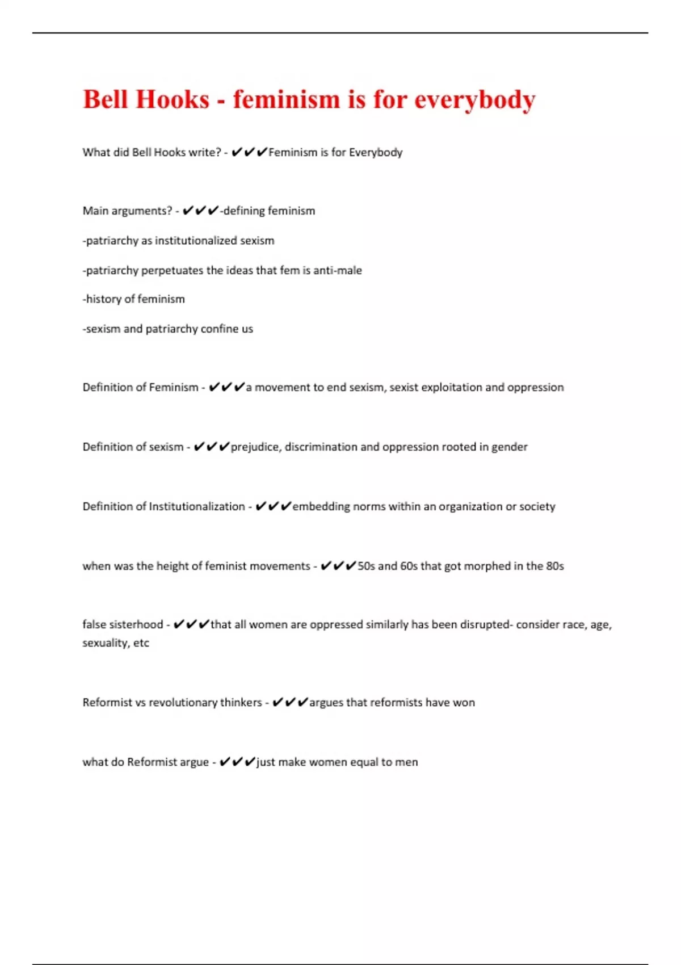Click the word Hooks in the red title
(173, 99)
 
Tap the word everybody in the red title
(475, 100)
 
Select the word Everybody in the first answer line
(376, 152)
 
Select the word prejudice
(255, 447)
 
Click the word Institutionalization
(196, 506)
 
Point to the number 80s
(555, 566)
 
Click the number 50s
(366, 566)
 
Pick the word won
(464, 703)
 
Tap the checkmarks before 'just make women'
(237, 762)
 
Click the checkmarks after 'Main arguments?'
(200, 211)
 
